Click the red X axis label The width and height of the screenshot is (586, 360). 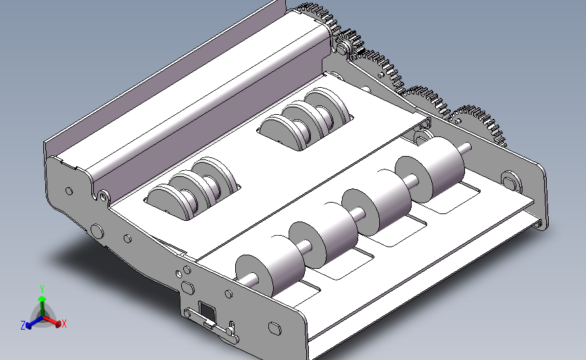click(x=64, y=324)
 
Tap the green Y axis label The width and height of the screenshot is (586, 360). click(x=42, y=289)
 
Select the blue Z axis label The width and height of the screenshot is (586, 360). click(x=23, y=326)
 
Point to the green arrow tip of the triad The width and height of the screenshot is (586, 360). click(x=42, y=299)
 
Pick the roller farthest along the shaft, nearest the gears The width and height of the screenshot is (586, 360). click(x=430, y=170)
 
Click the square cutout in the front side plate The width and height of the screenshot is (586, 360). click(x=206, y=310)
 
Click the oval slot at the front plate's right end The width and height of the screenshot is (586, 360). click(x=274, y=328)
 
